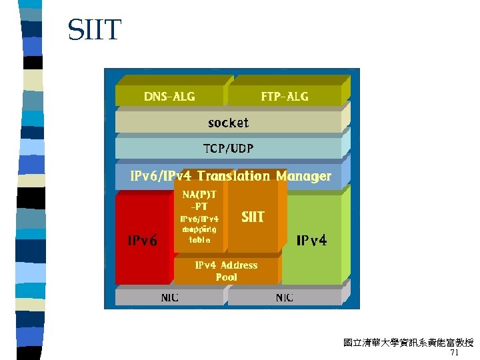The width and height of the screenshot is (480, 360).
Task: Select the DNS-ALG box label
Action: pos(169,97)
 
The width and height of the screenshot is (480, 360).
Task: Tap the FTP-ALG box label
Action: pos(285,97)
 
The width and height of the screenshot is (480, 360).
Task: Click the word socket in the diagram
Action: pos(228,123)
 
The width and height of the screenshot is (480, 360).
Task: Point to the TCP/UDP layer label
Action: pos(228,147)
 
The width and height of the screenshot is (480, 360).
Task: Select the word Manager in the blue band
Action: pos(303,176)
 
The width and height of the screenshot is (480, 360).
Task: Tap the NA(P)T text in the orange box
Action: pos(199,195)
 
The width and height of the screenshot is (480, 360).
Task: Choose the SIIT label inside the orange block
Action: pos(253,217)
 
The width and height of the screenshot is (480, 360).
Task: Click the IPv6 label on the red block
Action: pos(143,241)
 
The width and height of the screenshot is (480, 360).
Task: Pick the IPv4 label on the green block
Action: pos(311,241)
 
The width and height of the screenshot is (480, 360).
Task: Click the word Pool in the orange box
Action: pos(226,277)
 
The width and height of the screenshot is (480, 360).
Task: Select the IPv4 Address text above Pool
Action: pos(226,265)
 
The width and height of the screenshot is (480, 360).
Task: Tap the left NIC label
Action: pos(169,297)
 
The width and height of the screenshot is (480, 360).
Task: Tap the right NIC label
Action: pos(285,297)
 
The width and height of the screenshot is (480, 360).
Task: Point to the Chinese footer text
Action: pos(408,343)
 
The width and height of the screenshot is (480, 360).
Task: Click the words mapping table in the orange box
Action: pos(199,234)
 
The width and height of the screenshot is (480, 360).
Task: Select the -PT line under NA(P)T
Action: pos(199,206)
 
